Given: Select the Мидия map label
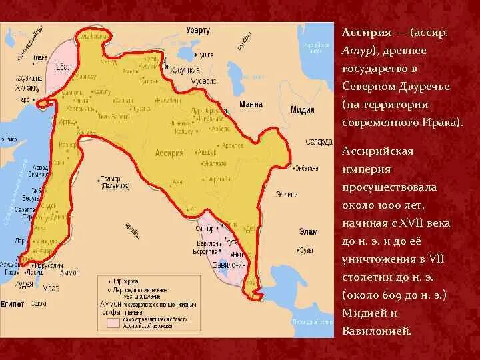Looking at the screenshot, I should click(x=303, y=110).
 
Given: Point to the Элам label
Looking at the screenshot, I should click(x=309, y=231).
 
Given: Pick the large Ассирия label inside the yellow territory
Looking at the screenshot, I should click(x=169, y=152).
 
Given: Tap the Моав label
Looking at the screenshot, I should click(x=51, y=289).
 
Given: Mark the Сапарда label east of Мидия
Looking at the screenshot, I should click(x=315, y=141).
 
